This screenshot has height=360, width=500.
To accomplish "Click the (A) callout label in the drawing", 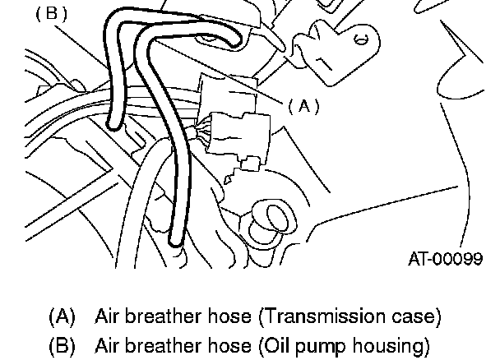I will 303,105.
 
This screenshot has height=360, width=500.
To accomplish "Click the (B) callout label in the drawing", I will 52,14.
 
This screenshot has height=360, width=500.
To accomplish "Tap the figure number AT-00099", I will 445,259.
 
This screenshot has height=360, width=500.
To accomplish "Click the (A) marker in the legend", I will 62,316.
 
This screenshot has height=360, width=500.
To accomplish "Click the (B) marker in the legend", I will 62,346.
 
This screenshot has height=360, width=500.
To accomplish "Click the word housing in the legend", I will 393,347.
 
